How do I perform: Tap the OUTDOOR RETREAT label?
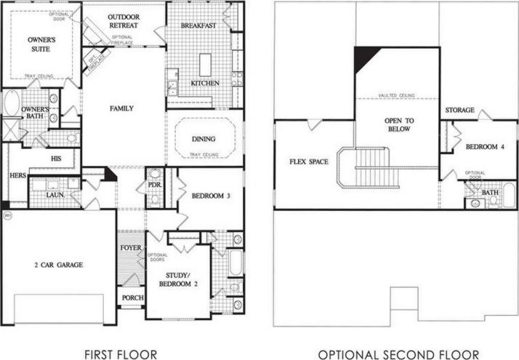pyautogui.click(x=124, y=21)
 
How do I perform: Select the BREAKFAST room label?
pyautogui.click(x=199, y=26)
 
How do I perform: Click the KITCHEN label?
pyautogui.click(x=206, y=84)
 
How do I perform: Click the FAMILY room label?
pyautogui.click(x=121, y=108)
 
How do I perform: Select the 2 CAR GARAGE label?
pyautogui.click(x=58, y=265)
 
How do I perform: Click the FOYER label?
pyautogui.click(x=131, y=248)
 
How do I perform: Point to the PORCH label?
pyautogui.click(x=132, y=297)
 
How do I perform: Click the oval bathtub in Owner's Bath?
pyautogui.click(x=12, y=103)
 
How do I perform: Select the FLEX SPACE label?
pyautogui.click(x=308, y=161)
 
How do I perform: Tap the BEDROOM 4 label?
pyautogui.click(x=485, y=147)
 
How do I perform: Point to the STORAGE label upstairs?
pyautogui.click(x=461, y=111)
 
